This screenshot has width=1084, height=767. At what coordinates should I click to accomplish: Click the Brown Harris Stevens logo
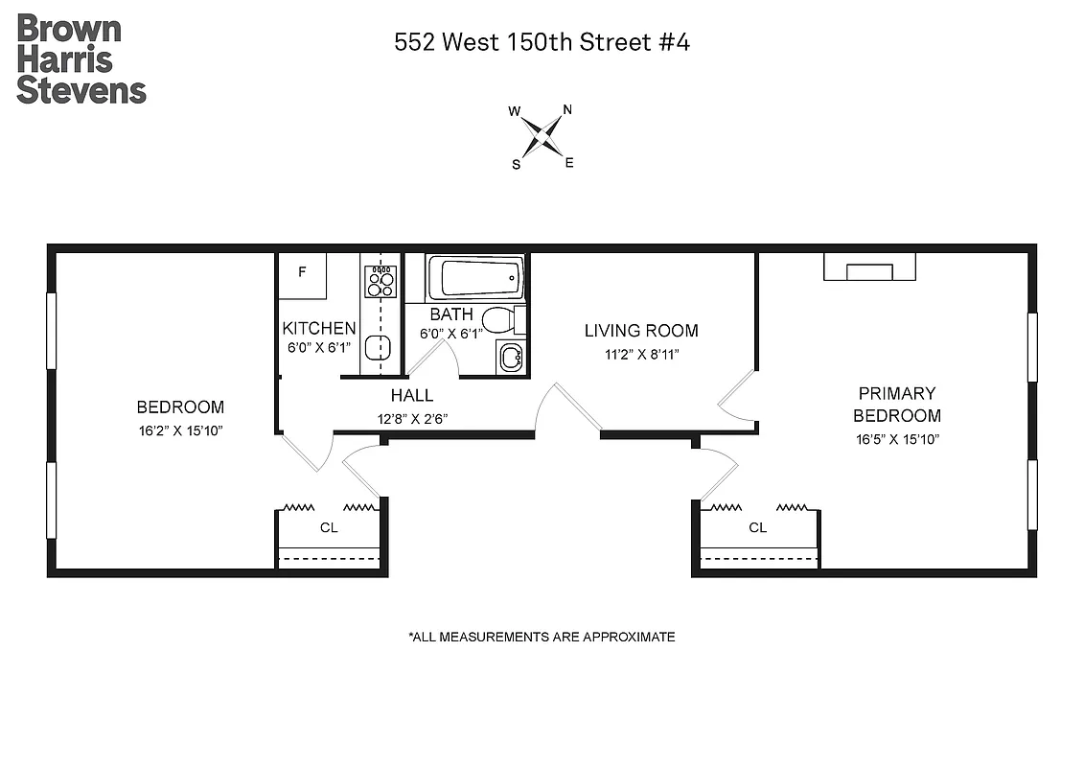[81, 58]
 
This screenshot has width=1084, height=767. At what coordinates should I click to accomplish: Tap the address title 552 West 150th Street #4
[542, 42]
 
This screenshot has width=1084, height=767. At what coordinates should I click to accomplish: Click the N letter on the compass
[567, 109]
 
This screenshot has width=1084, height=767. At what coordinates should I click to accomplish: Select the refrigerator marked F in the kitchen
[302, 272]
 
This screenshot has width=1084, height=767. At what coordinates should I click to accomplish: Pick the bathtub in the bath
[475, 278]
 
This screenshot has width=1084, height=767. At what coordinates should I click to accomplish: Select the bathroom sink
[511, 358]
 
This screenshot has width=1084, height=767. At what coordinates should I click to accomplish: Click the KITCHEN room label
[319, 329]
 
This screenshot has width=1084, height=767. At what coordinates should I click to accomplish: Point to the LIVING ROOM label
[641, 331]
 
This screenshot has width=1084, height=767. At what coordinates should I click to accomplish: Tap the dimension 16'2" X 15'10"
[180, 430]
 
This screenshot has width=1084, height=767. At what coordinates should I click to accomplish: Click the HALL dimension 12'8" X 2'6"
[412, 418]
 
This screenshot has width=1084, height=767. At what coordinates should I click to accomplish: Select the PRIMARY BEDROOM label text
[897, 405]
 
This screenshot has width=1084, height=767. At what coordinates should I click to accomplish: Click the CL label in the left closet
[329, 527]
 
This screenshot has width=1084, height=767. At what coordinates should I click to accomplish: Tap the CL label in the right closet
[758, 527]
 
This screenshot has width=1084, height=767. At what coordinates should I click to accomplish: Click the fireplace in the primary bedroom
[869, 267]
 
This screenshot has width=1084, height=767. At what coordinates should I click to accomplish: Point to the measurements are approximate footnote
[542, 637]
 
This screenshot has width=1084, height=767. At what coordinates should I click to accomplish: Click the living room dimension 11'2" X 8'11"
[641, 354]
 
